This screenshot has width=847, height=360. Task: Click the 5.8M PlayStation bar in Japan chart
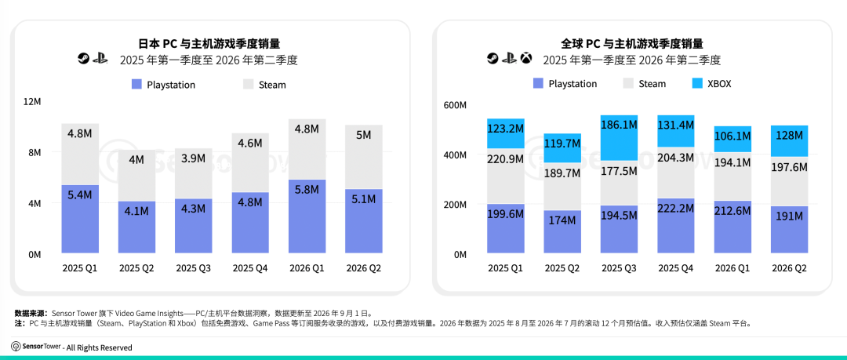pos(307,216)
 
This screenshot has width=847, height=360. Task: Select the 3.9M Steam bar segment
pos(194,173)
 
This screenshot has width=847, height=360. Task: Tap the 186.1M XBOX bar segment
pos(619,138)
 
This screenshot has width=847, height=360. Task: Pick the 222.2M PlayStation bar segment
pos(676,225)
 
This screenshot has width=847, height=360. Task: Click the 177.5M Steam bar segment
pos(619,184)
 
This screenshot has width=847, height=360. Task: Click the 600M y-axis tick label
pos(455,105)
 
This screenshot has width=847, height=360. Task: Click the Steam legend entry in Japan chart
pos(265,85)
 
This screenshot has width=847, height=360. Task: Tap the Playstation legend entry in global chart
pos(565,84)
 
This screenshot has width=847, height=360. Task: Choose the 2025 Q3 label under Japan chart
pos(194,267)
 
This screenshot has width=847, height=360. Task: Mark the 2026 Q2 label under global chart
pos(789,268)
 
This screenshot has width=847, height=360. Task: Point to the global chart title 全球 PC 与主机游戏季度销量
pos(632,44)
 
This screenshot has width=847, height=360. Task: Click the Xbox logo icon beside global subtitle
pos(526,58)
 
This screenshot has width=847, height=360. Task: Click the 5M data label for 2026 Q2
pos(364,135)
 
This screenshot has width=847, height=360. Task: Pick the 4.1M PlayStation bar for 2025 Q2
pos(136,227)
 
